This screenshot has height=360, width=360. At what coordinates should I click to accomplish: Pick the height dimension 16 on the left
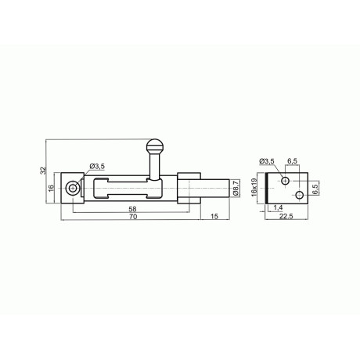(52, 189)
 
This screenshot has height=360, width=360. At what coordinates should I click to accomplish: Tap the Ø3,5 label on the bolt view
(98, 166)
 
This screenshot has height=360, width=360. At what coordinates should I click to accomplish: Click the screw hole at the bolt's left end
(72, 188)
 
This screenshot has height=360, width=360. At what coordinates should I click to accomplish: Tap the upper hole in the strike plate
(286, 181)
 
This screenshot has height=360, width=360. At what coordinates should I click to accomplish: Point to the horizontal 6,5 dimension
(292, 161)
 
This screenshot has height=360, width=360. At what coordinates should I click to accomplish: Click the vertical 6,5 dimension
(315, 189)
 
